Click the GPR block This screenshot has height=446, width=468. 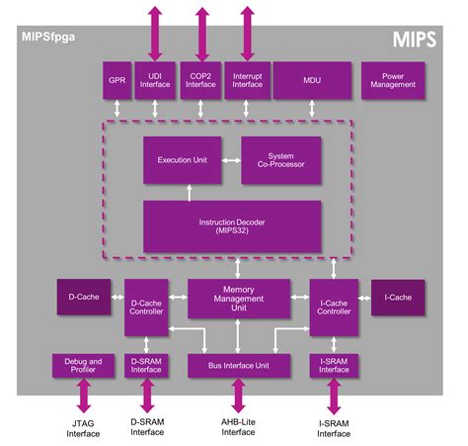pyautogui.click(x=116, y=81)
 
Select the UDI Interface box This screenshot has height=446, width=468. pyautogui.click(x=156, y=81)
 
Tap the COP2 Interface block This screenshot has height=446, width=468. pyautogui.click(x=201, y=81)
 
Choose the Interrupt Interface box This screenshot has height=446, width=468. pyautogui.click(x=247, y=81)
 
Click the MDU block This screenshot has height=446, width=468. pyautogui.click(x=311, y=81)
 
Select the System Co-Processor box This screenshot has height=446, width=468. pyautogui.click(x=281, y=160)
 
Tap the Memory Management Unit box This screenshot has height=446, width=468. pyautogui.click(x=239, y=298)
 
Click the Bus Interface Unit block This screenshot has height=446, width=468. pyautogui.click(x=238, y=366)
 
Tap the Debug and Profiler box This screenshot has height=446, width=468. pyautogui.click(x=82, y=366)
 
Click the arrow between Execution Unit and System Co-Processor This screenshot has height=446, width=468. pyautogui.click(x=235, y=159)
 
